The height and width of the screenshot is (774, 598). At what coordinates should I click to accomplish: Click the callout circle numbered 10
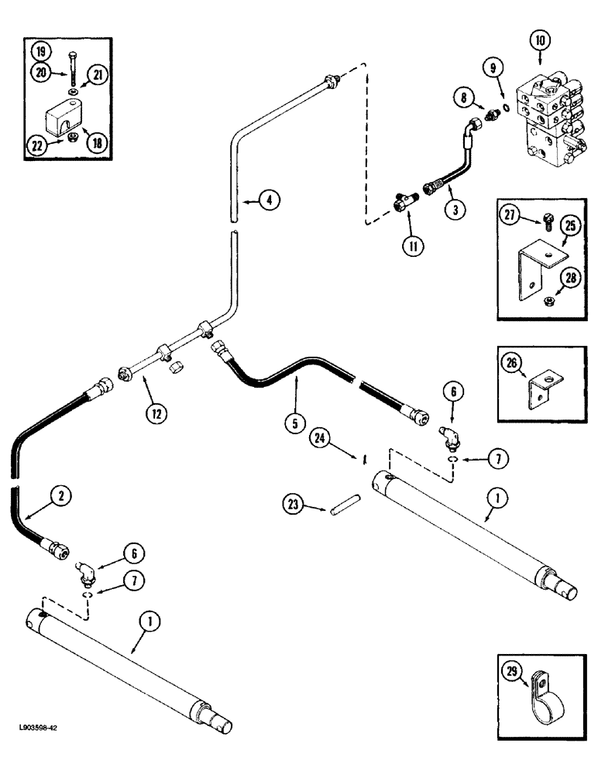coord(540,39)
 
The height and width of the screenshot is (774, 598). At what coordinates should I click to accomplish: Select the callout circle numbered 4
coord(268,200)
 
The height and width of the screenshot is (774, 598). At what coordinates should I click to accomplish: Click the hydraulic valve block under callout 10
coord(549,116)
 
